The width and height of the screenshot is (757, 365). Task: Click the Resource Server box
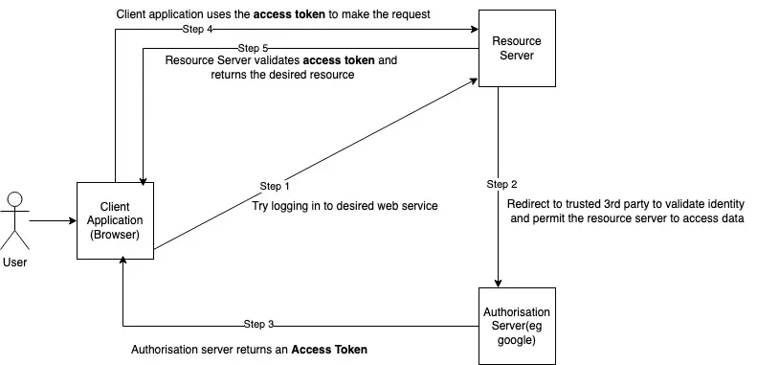pyautogui.click(x=518, y=49)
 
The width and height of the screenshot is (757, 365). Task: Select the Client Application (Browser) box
pyautogui.click(x=115, y=221)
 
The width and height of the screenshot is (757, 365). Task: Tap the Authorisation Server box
pyautogui.click(x=517, y=325)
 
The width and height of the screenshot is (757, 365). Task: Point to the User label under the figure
pyautogui.click(x=15, y=262)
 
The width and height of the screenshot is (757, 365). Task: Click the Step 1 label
pyautogui.click(x=275, y=185)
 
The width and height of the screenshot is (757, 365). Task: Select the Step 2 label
pyautogui.click(x=501, y=184)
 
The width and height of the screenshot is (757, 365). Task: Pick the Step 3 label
pyautogui.click(x=259, y=324)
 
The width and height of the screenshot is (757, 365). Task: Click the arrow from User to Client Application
pyautogui.click(x=54, y=221)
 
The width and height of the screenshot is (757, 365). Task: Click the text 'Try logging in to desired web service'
pyautogui.click(x=345, y=206)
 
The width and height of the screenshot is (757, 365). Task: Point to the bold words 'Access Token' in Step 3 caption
pyautogui.click(x=329, y=350)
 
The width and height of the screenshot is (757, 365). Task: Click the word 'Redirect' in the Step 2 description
pyautogui.click(x=530, y=203)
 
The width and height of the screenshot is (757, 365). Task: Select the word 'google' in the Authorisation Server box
pyautogui.click(x=516, y=340)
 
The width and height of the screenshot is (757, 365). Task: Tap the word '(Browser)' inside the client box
pyautogui.click(x=115, y=235)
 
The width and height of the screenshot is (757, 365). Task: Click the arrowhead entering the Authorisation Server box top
pyautogui.click(x=498, y=282)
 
